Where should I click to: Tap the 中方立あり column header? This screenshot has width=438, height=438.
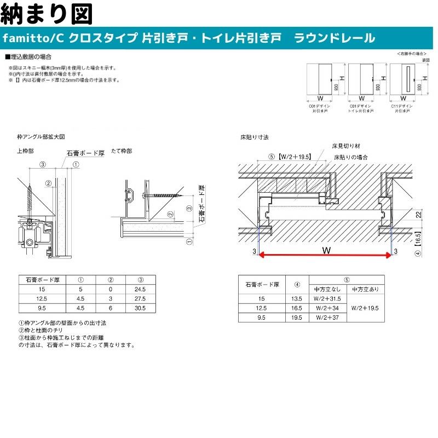pyautogui.click(x=365, y=289)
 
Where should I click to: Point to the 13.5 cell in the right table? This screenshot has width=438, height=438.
pyautogui.click(x=297, y=299)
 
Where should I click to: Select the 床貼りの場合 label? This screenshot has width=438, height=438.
pyautogui.click(x=351, y=157)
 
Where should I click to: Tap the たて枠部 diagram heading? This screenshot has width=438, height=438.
pyautogui.click(x=122, y=150)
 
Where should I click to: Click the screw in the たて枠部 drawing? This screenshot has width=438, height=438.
pyautogui.click(x=163, y=194)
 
